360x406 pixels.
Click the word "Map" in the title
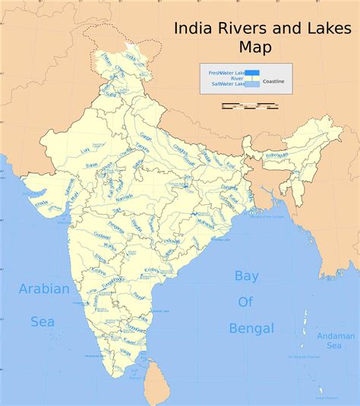point(255,47)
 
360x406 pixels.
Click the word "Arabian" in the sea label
point(44,289)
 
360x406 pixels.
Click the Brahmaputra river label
point(277,156)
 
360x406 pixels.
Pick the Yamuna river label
point(143,148)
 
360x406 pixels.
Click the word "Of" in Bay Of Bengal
point(245,302)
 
